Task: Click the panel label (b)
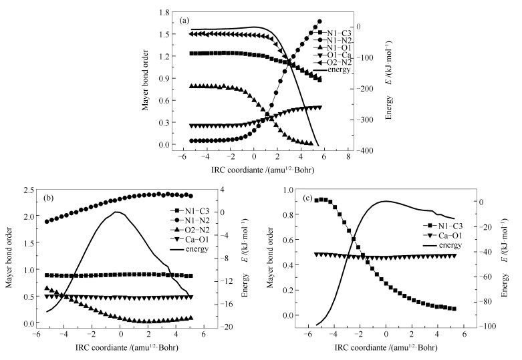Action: [x=49, y=199]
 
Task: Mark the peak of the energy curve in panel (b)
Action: [x=117, y=212]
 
